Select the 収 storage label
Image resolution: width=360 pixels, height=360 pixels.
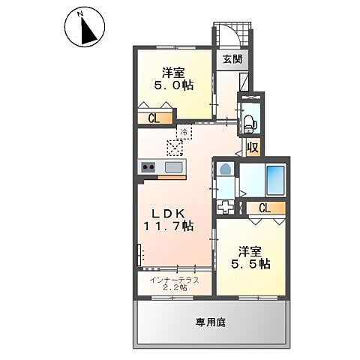coord(253,148)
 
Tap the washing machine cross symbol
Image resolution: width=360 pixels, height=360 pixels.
coord(225,205)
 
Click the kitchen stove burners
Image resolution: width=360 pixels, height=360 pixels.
coord(147,167)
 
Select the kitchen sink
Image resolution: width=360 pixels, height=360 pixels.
coord(172,167)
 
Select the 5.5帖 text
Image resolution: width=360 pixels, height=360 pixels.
coord(250,264)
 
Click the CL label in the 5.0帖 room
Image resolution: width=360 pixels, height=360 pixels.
coord(153,117)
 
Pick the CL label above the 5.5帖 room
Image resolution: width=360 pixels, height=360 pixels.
coord(265,208)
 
